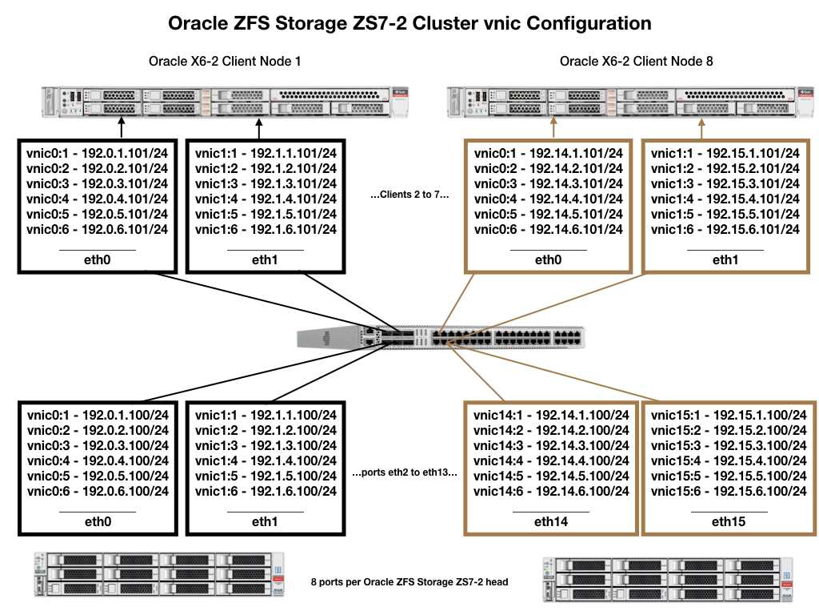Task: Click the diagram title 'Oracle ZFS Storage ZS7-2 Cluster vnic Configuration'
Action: pyautogui.click(x=409, y=23)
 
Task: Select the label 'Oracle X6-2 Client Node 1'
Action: pyautogui.click(x=225, y=62)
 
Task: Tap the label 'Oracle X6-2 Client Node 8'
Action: pyautogui.click(x=636, y=62)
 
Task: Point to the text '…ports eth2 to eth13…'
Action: pyautogui.click(x=404, y=472)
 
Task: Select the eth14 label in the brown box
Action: pyautogui.click(x=550, y=521)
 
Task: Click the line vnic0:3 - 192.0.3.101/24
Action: pyautogui.click(x=97, y=183)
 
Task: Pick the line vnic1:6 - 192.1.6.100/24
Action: pyautogui.click(x=262, y=490)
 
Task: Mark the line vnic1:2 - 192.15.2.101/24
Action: pyautogui.click(x=725, y=168)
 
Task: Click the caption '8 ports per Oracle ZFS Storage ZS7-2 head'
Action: pyautogui.click(x=421, y=581)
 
